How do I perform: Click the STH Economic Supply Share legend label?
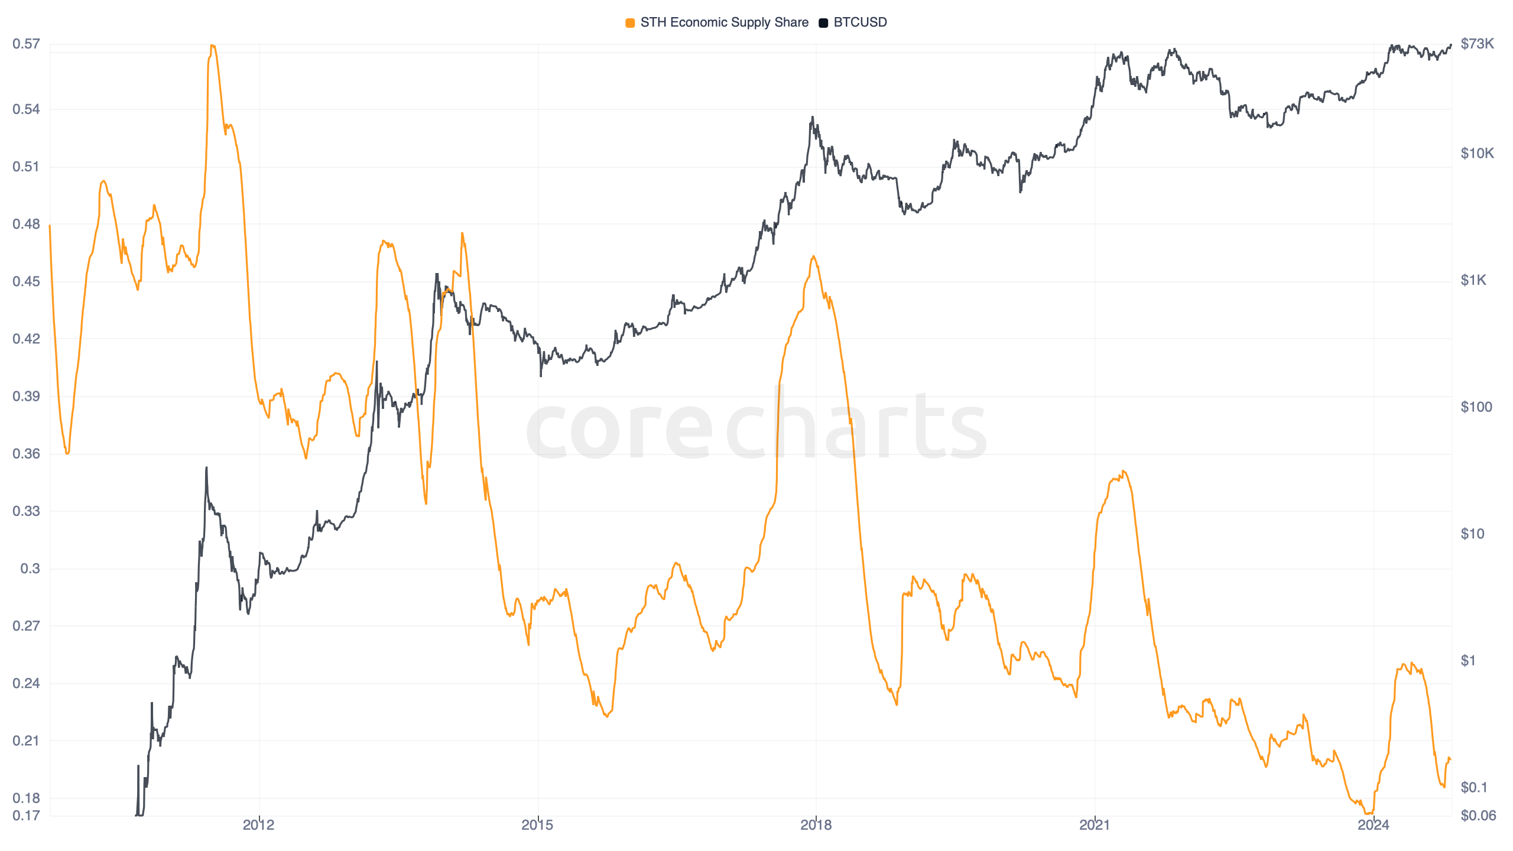[724, 22]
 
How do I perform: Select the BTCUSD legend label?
[860, 22]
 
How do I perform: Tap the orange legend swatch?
[630, 23]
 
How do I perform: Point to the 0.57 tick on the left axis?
[26, 44]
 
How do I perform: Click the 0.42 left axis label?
[26, 339]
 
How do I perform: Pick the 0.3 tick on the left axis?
[30, 569]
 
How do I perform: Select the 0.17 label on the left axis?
[26, 816]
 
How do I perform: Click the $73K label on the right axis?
[1477, 44]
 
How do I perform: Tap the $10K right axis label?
[1477, 154]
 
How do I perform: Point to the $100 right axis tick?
[1476, 407]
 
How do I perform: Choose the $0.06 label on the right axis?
[1478, 816]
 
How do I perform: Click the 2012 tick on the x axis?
[258, 825]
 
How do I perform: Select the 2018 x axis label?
[816, 825]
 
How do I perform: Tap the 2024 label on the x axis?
[1373, 825]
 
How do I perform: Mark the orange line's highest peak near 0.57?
[212, 46]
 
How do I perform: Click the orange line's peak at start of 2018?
[814, 256]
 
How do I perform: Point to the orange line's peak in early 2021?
[1123, 472]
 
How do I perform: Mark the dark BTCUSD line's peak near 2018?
[813, 117]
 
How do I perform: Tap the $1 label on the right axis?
[1468, 661]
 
